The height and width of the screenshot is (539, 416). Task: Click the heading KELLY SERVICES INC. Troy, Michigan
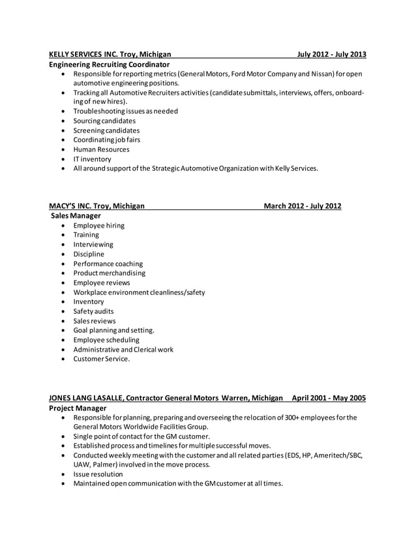click(110, 54)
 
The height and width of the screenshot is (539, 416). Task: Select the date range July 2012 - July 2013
click(331, 54)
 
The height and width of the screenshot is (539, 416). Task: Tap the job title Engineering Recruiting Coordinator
click(110, 65)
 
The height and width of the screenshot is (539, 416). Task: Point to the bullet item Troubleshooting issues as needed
click(125, 111)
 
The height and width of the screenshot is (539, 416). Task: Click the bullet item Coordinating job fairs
click(106, 140)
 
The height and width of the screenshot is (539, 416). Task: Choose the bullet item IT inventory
click(92, 159)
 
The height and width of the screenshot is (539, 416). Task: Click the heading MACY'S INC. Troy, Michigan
click(97, 206)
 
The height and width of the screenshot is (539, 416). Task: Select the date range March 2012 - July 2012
click(302, 206)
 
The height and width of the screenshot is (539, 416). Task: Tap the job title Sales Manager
click(77, 216)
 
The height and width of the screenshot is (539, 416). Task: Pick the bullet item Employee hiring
click(98, 226)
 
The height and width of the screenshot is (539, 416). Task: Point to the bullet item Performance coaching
click(108, 264)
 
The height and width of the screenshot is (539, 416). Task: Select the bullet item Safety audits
click(94, 311)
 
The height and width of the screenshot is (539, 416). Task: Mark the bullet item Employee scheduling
click(106, 340)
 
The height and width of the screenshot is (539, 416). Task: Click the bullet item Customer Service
click(101, 359)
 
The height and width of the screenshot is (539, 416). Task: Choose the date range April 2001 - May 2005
click(329, 397)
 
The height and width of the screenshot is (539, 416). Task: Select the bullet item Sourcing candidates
click(104, 121)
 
